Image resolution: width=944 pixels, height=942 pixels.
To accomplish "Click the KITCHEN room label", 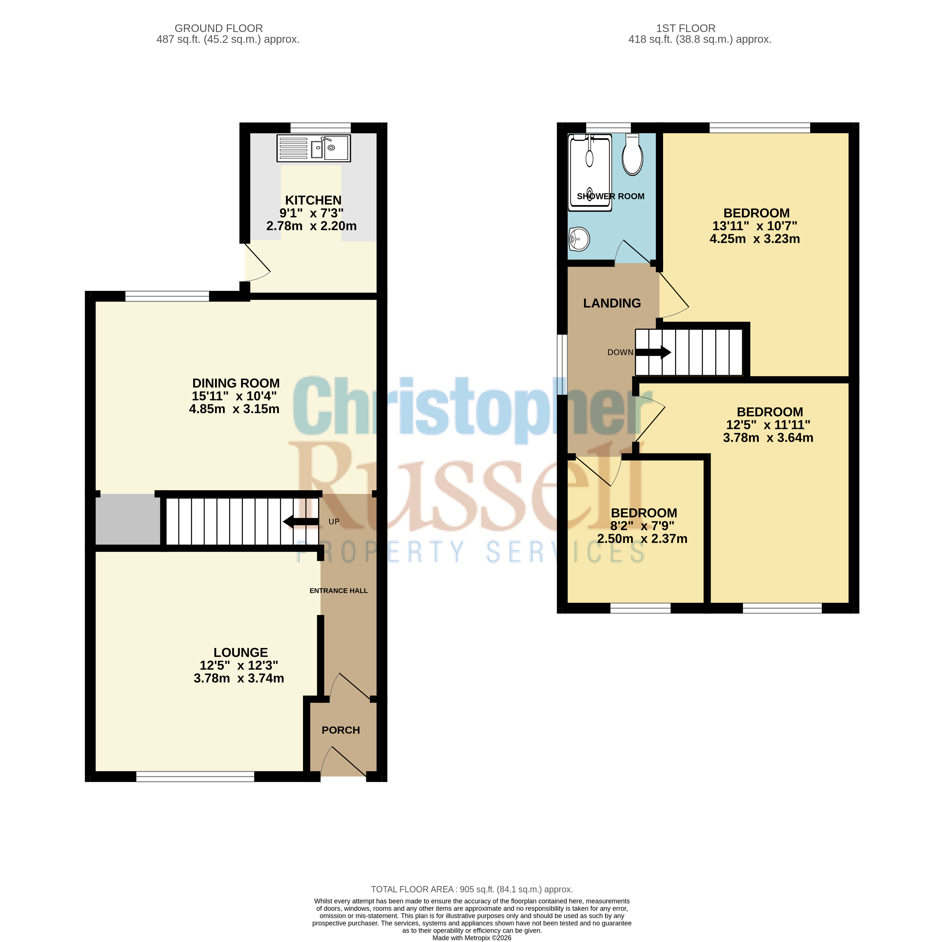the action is pyautogui.click(x=313, y=200).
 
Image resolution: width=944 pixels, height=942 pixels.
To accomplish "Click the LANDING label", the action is pyautogui.click(x=612, y=303).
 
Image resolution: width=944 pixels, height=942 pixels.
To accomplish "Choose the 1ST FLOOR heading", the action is pyautogui.click(x=685, y=28).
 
